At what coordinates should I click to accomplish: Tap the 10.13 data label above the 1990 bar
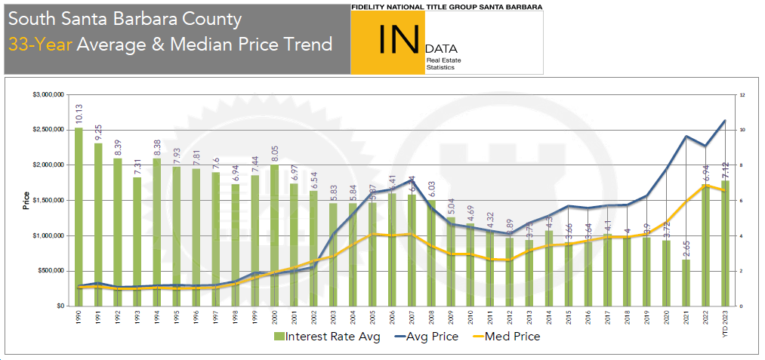coord(79,114)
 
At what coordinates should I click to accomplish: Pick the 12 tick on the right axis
coord(743,95)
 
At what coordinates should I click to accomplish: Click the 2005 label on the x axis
coord(372,318)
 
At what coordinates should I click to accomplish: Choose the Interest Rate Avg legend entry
coord(326,336)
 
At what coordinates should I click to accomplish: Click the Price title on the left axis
coord(26,200)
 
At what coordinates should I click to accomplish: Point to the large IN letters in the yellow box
coord(398,39)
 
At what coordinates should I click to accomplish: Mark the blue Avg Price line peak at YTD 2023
coord(725,121)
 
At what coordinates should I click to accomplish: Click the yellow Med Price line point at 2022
coord(706,185)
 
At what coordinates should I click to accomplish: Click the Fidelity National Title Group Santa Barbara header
coord(446,6)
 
